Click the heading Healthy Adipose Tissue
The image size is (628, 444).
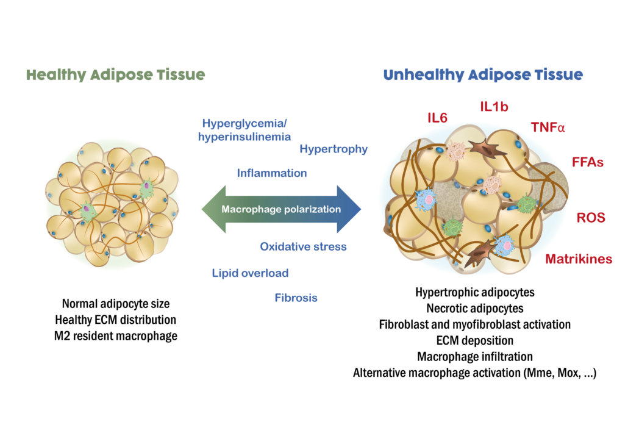(115, 75)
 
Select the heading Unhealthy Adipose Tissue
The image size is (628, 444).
(483, 75)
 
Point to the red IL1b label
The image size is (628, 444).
(494, 107)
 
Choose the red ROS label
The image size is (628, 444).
(591, 218)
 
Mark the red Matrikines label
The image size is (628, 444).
(579, 259)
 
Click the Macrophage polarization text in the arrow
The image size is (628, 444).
(281, 209)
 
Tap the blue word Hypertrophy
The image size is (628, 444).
(334, 149)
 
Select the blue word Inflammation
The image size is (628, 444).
(272, 173)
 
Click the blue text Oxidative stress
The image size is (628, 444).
(303, 246)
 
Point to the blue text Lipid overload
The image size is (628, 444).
(250, 273)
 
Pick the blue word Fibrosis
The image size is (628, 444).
(296, 298)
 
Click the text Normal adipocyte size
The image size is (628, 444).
(116, 303)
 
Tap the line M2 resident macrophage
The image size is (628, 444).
(116, 335)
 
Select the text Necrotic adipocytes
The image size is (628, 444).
(474, 308)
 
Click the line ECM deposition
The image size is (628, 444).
(474, 340)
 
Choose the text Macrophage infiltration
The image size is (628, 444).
(474, 356)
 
